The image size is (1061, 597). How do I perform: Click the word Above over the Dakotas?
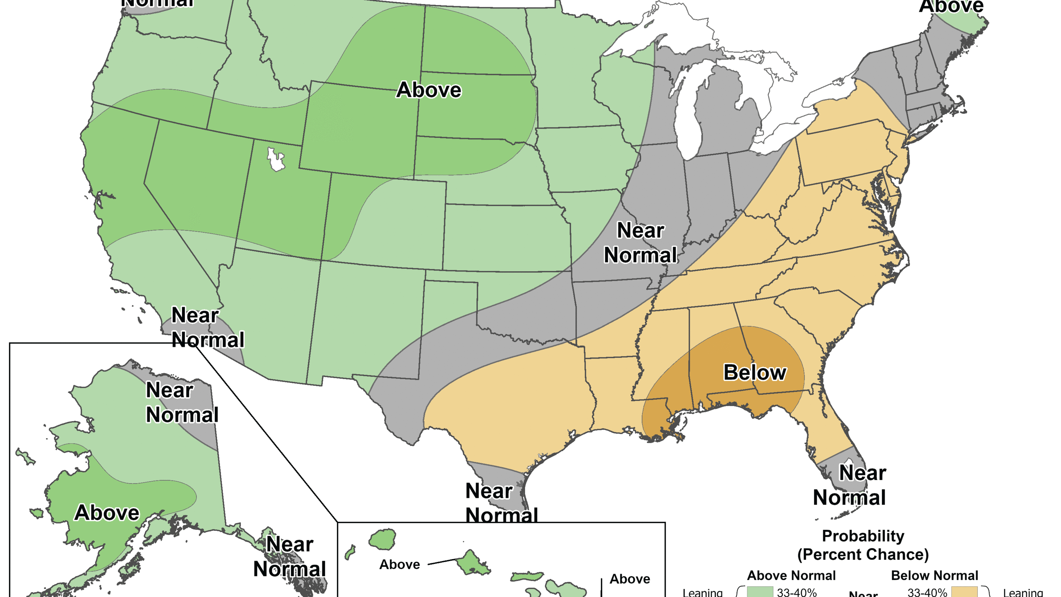(428, 90)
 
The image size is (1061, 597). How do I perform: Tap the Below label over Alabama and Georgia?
(754, 373)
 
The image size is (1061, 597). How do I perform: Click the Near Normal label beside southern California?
(207, 328)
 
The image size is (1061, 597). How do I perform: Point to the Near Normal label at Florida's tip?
(849, 485)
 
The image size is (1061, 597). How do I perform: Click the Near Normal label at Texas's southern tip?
(501, 503)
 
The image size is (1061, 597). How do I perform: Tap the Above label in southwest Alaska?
(107, 513)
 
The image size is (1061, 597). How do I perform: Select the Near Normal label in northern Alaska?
(182, 402)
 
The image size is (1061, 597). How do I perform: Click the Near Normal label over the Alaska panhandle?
(289, 556)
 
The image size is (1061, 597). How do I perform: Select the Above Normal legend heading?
(791, 575)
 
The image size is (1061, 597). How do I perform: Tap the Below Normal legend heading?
(934, 575)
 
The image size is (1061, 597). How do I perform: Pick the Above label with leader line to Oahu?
(399, 565)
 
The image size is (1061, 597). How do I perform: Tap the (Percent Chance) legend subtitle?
(863, 555)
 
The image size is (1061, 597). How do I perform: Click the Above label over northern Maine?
(951, 6)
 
